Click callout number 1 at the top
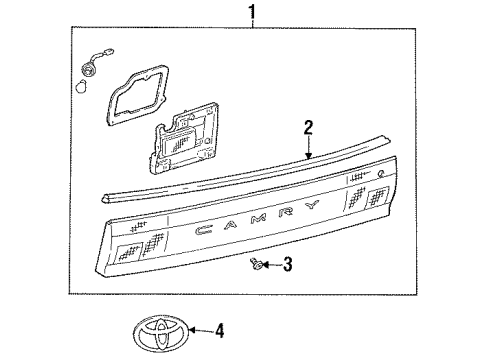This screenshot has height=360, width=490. point(253,11)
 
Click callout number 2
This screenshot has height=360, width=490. point(308,128)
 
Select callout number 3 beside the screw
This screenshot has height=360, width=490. point(287,264)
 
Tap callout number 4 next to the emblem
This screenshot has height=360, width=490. point(219,331)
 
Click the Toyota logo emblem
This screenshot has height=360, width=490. point(161,332)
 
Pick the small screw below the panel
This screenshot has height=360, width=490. point(257,263)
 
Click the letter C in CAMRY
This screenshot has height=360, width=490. point(204,230)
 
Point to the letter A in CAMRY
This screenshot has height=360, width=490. point(230,224)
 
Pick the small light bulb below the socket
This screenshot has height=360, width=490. point(81,87)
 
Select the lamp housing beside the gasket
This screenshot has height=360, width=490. point(183,138)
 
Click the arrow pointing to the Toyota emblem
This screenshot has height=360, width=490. point(201,331)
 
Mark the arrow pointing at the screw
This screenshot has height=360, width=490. point(272,265)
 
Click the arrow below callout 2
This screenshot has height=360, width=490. point(309,147)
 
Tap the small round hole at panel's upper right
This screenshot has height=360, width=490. point(380,173)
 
